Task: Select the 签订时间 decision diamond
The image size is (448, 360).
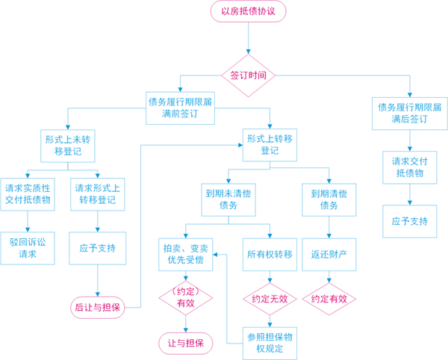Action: click(248, 75)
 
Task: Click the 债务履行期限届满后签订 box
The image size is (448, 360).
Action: click(408, 112)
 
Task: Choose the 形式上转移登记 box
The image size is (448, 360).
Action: click(270, 144)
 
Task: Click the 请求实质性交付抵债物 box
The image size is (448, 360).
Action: click(28, 193)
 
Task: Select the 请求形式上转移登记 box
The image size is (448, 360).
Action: click(99, 193)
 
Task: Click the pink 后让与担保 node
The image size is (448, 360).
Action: click(98, 307)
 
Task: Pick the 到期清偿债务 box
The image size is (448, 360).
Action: click(329, 198)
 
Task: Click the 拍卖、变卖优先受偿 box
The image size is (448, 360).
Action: click(185, 255)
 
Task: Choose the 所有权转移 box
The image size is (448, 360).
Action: click(270, 255)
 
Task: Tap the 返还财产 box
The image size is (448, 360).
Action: click(329, 255)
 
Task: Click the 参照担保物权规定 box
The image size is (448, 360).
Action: click(270, 343)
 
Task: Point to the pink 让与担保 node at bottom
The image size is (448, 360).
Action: click(185, 342)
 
